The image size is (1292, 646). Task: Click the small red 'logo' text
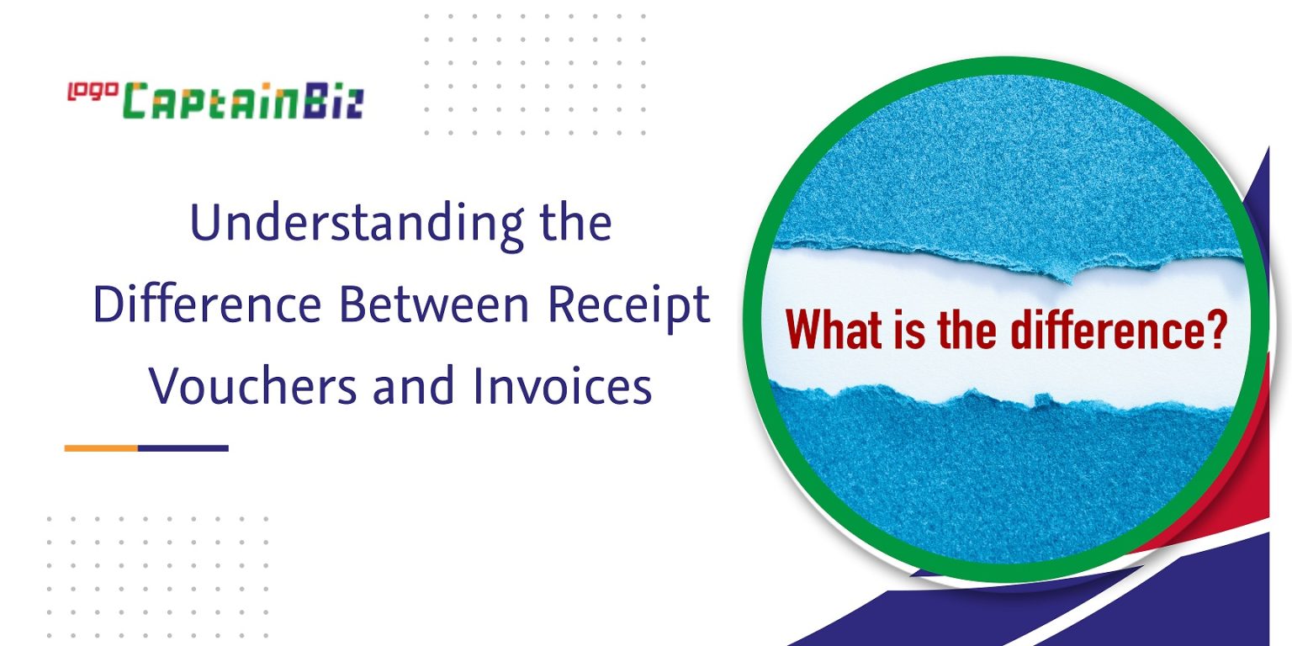[x=92, y=91]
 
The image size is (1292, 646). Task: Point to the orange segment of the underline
[x=101, y=447]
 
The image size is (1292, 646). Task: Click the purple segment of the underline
[x=183, y=447]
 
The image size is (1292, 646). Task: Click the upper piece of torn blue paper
[x=1001, y=168]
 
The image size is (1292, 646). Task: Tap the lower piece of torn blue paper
[x=1001, y=479]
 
